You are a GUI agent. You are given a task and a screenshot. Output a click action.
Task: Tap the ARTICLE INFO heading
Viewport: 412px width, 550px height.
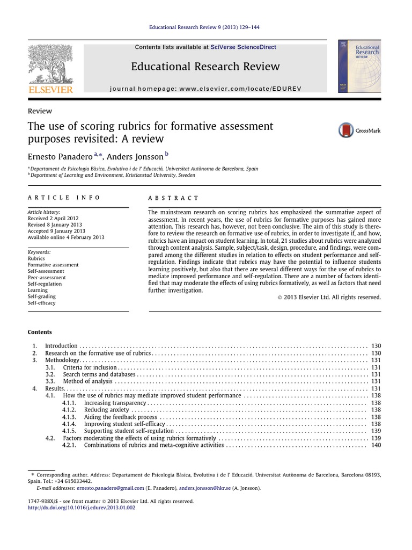coord(64,198)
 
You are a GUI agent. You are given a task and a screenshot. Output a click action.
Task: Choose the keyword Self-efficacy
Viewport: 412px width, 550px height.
coord(42,303)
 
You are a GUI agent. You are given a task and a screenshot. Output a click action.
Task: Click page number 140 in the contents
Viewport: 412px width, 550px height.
coord(376,445)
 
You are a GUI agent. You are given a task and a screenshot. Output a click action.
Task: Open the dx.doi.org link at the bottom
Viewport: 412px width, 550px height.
coord(82,508)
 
